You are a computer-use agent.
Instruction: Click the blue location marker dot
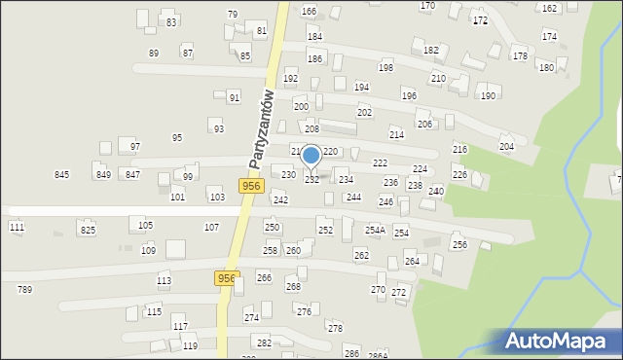(x=311, y=155)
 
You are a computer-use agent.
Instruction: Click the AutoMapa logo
(x=561, y=340)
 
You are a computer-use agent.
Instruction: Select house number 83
(x=171, y=21)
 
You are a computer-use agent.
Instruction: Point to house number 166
(x=309, y=11)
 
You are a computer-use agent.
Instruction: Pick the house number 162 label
(x=549, y=8)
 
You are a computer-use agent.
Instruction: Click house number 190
(x=488, y=95)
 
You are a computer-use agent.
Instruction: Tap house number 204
(x=506, y=146)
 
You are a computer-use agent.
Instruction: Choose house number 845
(x=62, y=174)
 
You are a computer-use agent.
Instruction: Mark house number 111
(x=17, y=227)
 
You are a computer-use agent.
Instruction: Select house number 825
(x=88, y=230)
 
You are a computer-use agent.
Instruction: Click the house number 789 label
(x=24, y=289)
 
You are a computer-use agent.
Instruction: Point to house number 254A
(x=375, y=230)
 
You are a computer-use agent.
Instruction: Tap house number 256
(x=459, y=244)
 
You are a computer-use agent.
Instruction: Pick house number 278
(x=335, y=328)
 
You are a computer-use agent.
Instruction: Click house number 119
(x=190, y=345)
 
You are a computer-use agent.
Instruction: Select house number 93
(x=218, y=128)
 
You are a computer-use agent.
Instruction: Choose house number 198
(x=385, y=67)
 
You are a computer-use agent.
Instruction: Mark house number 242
(x=280, y=199)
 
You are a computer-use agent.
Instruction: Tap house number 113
(x=164, y=280)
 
